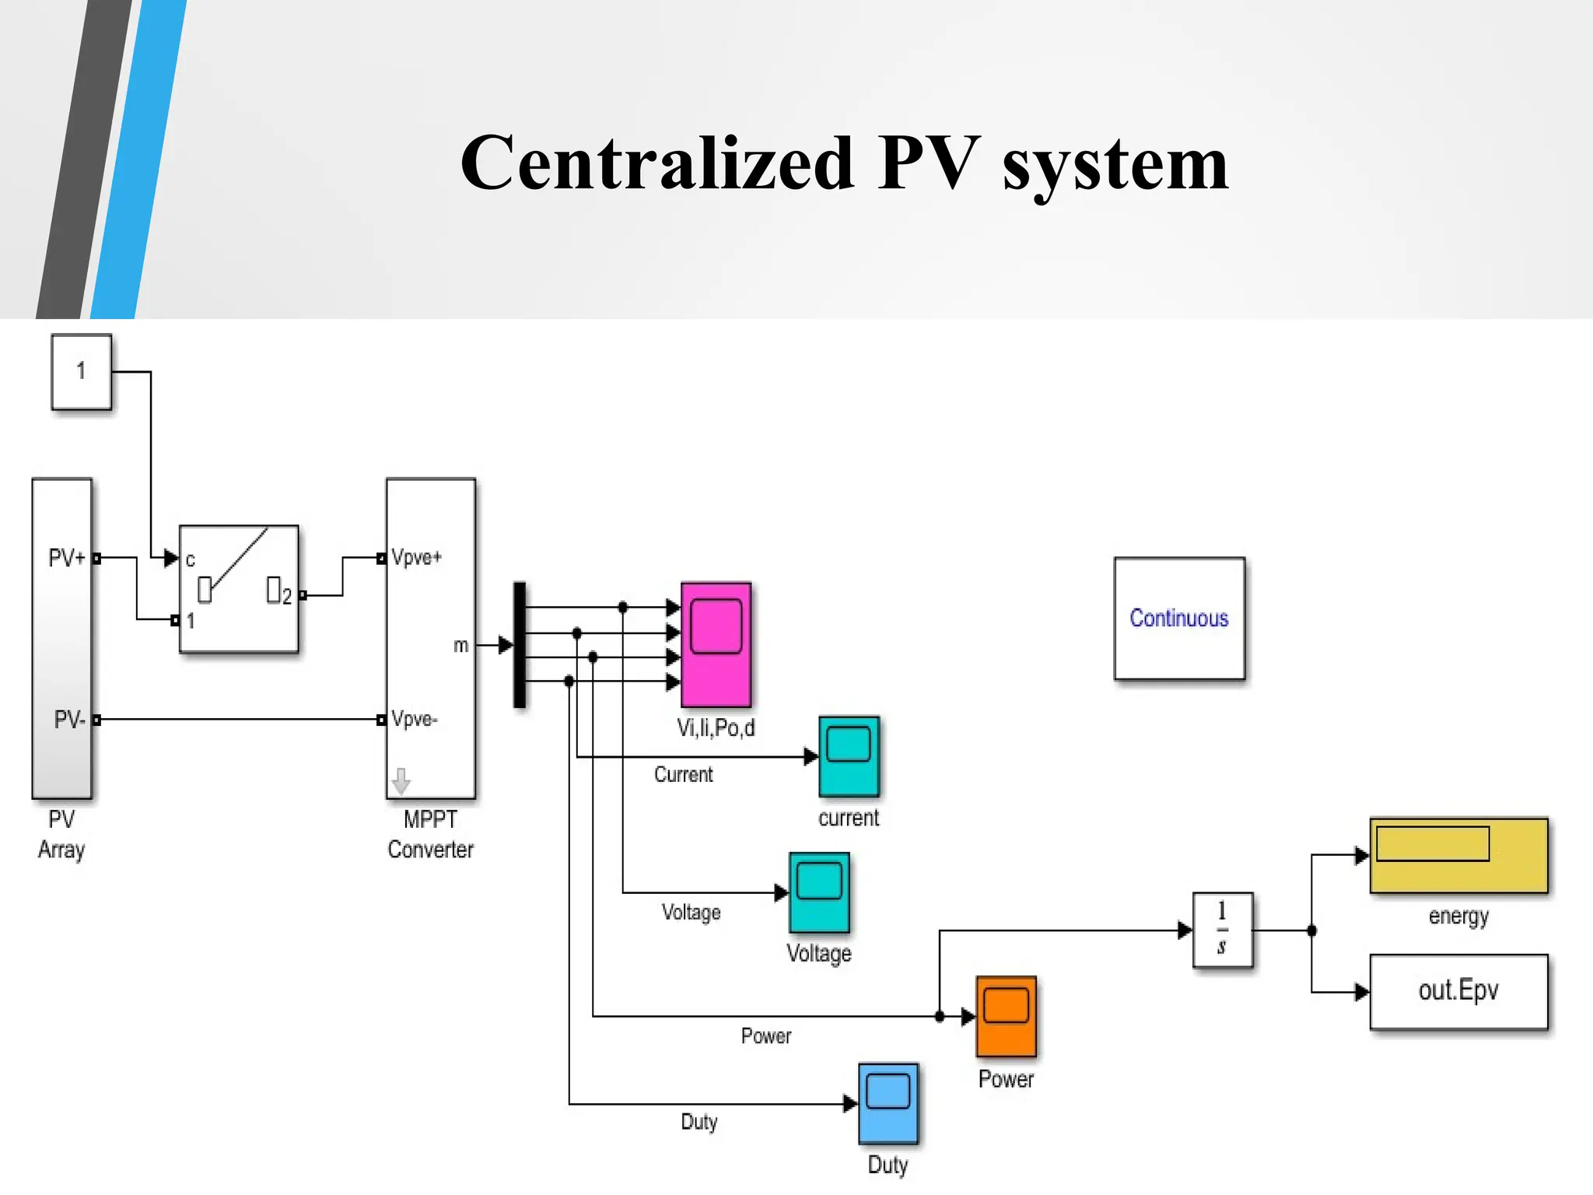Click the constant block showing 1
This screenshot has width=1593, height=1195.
point(81,372)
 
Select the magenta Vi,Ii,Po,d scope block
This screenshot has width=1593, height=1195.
point(716,644)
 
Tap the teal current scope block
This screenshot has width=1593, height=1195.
point(849,756)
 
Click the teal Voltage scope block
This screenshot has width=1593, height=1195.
point(819,892)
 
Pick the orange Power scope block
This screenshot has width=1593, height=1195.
point(1006,1016)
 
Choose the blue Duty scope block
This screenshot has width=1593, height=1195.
point(888,1103)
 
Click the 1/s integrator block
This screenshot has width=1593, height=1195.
point(1222,930)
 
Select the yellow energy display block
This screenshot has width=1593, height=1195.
point(1458,855)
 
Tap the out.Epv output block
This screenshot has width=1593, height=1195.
point(1458,991)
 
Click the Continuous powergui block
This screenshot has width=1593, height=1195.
point(1178,619)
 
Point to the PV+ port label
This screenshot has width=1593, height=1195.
point(66,558)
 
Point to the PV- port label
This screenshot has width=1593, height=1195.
point(68,720)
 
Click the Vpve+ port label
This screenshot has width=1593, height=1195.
point(417,558)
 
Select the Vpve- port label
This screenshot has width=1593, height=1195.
point(415,720)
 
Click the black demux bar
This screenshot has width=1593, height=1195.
point(520,644)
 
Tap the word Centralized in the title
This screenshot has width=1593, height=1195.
point(657,163)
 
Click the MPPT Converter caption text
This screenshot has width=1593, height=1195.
point(430,835)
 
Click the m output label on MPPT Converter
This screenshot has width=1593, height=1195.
point(460,645)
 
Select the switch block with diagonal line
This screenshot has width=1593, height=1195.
point(239,589)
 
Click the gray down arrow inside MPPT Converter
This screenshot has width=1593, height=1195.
point(401,780)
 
